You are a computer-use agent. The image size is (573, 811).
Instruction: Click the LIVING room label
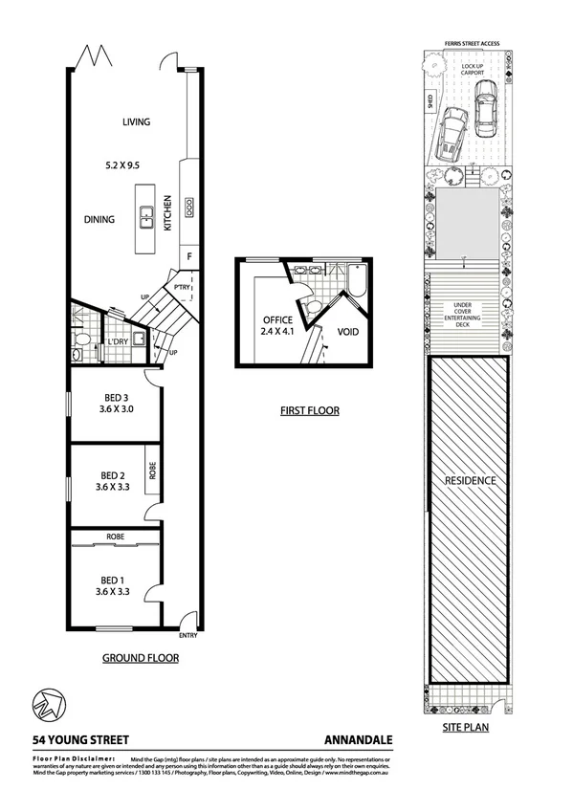click(x=138, y=121)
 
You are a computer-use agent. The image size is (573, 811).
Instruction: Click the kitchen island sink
click(x=146, y=219)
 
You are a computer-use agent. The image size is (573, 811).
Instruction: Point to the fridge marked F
click(x=189, y=257)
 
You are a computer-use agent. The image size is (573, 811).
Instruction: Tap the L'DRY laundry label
click(x=118, y=341)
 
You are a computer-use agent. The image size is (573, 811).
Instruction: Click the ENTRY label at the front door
click(x=188, y=636)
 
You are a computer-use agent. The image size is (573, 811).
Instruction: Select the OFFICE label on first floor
click(x=270, y=320)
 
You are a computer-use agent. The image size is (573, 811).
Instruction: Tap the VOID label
click(x=348, y=332)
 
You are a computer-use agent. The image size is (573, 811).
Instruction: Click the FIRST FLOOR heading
click(x=309, y=411)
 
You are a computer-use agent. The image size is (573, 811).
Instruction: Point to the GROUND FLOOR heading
click(x=141, y=658)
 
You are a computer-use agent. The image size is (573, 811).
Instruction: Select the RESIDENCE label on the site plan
click(x=468, y=480)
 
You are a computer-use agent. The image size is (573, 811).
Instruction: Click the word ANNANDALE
click(x=357, y=739)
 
